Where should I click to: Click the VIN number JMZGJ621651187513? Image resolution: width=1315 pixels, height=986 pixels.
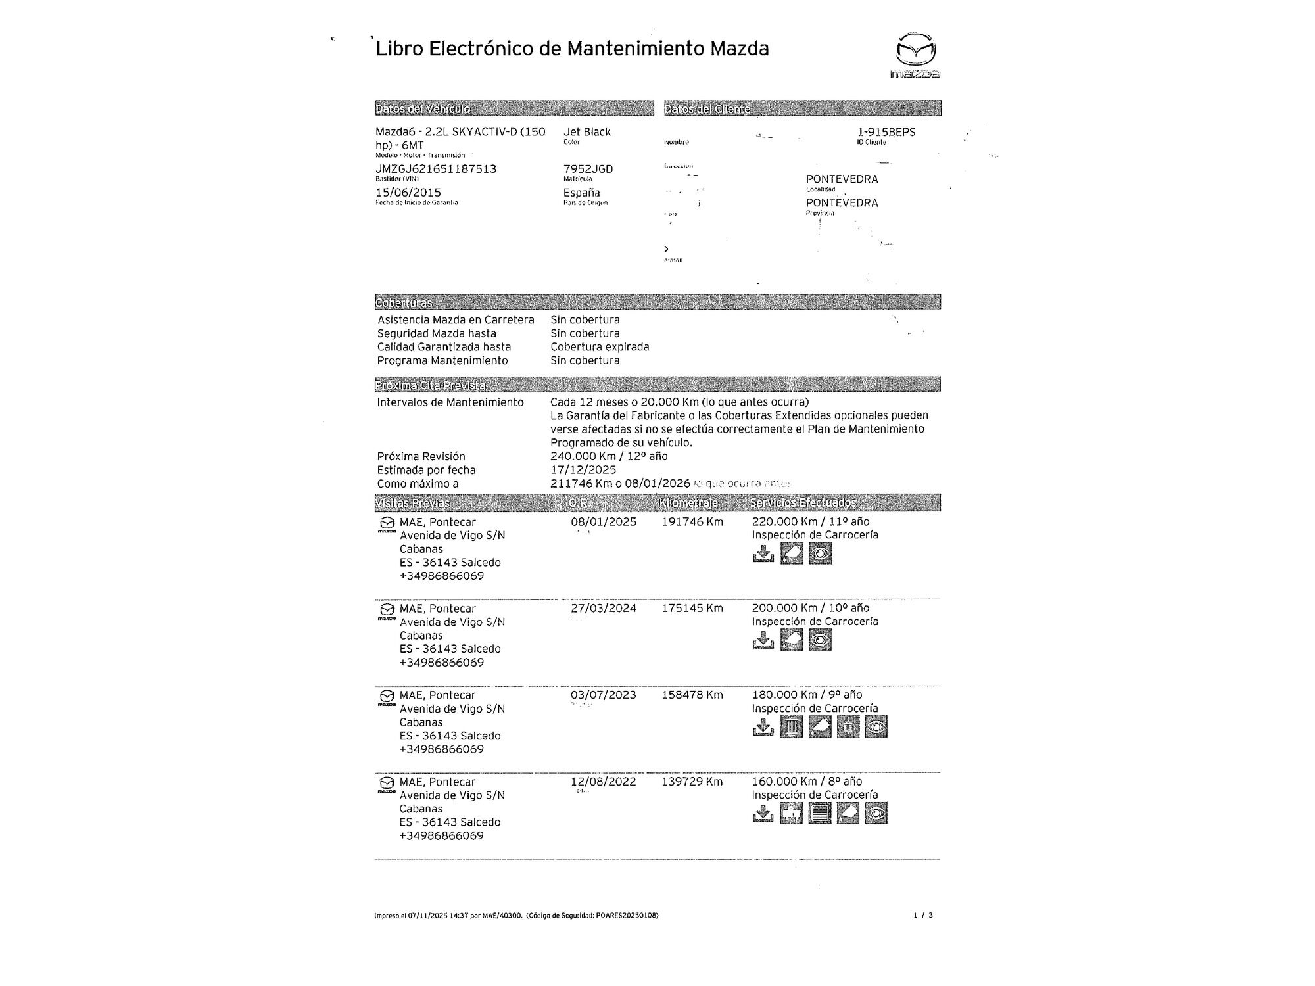tap(435, 169)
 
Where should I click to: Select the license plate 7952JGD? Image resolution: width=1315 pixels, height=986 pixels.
tap(588, 169)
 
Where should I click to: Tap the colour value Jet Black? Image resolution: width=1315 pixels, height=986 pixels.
tap(586, 132)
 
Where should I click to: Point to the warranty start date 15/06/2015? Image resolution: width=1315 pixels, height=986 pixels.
tap(408, 193)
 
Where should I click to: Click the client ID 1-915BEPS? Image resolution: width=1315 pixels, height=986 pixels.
tap(886, 132)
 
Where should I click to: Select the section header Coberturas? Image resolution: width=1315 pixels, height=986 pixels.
tap(404, 303)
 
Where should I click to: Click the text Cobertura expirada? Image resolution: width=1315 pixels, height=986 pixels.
tap(600, 347)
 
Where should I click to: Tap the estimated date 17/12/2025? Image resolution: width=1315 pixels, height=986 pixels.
tap(583, 470)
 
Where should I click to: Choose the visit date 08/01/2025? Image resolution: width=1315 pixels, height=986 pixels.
tap(603, 522)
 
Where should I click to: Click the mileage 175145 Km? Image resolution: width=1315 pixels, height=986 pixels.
tap(692, 609)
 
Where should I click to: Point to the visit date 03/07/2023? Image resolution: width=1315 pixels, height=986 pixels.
tap(603, 695)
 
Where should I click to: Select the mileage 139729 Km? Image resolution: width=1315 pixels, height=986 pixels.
tap(692, 782)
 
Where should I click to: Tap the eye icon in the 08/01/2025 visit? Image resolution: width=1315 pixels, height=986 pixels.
tap(820, 554)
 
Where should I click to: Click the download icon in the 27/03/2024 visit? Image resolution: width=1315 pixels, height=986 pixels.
tap(763, 640)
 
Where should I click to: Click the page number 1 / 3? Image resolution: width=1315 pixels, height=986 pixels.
tap(922, 915)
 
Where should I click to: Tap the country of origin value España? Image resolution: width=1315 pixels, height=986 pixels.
tap(581, 193)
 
